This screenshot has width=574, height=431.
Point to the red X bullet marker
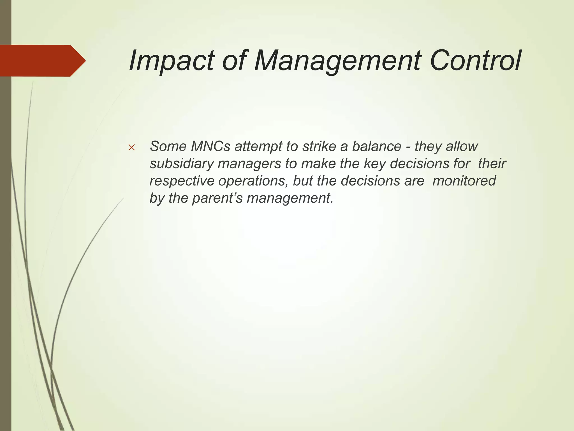point(131,147)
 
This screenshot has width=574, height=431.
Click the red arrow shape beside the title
point(42,61)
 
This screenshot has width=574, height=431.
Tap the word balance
point(376,146)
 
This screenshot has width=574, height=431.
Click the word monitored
point(464,181)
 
